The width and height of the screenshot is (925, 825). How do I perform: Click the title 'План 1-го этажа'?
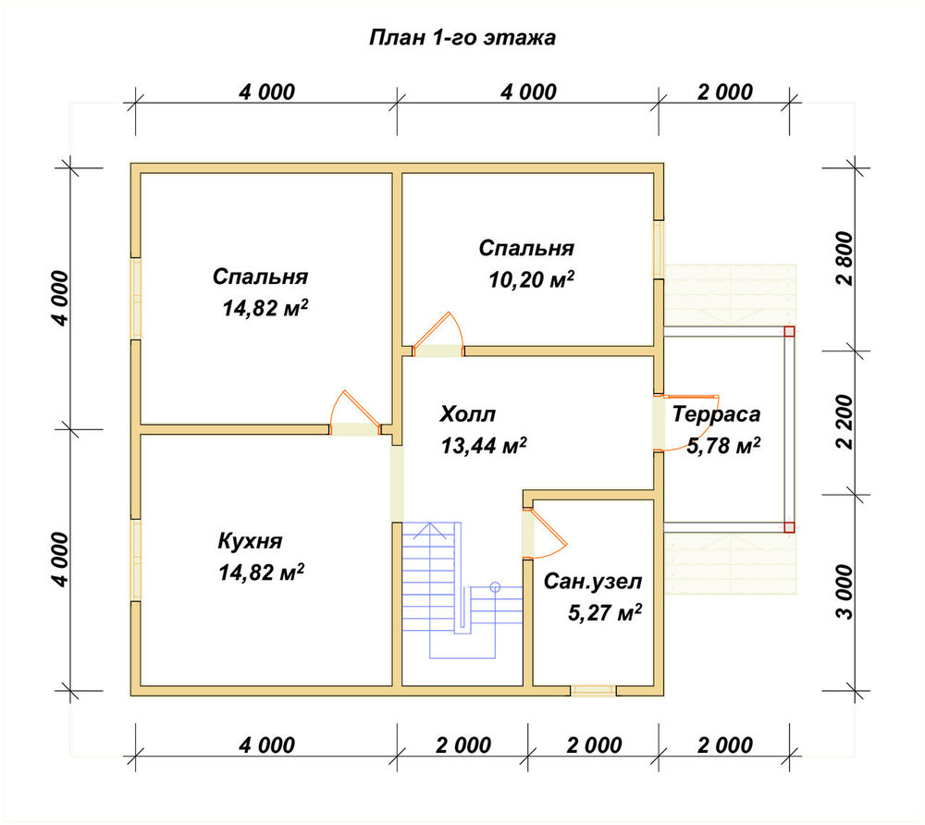(x=462, y=38)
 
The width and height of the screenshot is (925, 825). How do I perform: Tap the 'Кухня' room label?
(x=250, y=541)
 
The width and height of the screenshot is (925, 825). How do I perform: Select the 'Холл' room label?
(x=467, y=414)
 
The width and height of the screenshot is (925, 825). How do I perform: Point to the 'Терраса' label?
(x=716, y=414)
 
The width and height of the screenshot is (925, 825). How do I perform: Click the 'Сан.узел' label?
(x=592, y=582)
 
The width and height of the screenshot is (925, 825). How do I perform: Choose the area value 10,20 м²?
(x=532, y=279)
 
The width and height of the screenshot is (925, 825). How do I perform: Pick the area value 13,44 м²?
(x=484, y=445)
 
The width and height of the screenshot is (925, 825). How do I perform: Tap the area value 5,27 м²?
(x=605, y=612)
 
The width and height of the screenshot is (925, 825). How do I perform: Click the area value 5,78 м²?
(x=723, y=445)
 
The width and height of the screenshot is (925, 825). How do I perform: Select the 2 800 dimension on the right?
(x=845, y=258)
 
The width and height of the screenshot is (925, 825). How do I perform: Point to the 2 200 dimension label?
(x=845, y=422)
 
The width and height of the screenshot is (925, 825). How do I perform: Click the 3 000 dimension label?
(x=845, y=592)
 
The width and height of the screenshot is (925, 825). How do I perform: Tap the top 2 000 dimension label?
(x=725, y=92)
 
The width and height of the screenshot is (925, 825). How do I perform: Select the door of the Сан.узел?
(x=544, y=533)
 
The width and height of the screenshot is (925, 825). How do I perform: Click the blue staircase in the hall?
(x=462, y=589)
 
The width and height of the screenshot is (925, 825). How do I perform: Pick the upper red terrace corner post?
(x=789, y=331)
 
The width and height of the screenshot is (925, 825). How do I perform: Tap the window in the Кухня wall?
(x=136, y=560)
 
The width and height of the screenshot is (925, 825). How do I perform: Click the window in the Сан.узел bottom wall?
(x=593, y=691)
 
